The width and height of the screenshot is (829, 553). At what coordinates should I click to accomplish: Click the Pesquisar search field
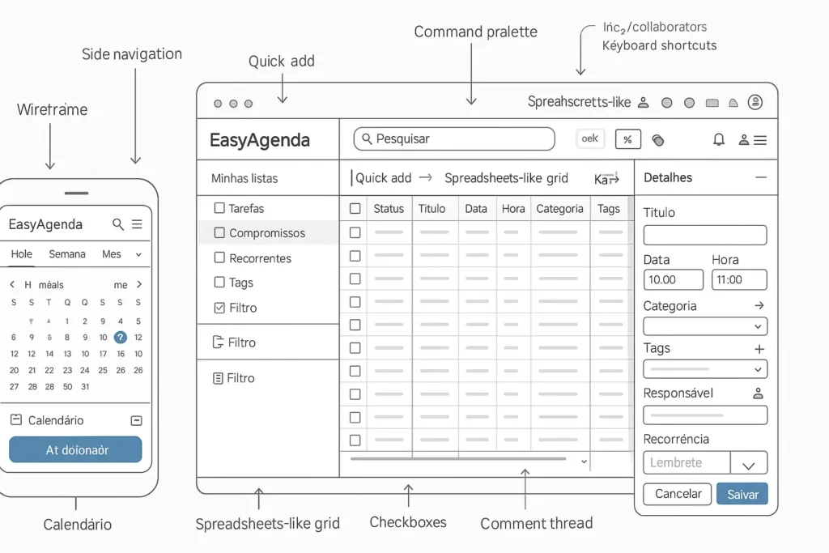(x=453, y=139)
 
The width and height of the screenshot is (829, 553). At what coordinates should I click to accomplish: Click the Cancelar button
(x=678, y=494)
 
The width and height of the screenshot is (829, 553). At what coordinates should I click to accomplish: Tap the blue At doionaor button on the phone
(x=75, y=449)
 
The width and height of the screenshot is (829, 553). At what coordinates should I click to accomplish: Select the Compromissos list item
(x=267, y=233)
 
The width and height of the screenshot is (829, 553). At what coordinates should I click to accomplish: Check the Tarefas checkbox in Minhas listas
(x=219, y=208)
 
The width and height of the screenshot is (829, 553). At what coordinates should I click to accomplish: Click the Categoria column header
(x=559, y=209)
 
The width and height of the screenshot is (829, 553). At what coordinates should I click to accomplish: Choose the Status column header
(x=389, y=209)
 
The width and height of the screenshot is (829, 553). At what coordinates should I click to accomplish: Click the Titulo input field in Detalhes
(x=704, y=236)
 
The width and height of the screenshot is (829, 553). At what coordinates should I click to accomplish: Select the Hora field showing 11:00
(x=739, y=279)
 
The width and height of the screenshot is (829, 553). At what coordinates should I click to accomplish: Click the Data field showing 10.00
(x=673, y=279)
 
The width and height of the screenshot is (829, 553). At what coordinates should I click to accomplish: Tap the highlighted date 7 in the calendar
(x=121, y=338)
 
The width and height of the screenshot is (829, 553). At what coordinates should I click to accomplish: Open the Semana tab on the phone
(x=67, y=254)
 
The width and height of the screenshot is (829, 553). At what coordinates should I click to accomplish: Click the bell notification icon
(x=718, y=140)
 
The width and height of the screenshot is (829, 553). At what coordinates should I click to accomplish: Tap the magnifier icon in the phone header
(x=118, y=224)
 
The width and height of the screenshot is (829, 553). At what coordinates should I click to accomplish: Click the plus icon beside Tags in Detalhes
(x=759, y=349)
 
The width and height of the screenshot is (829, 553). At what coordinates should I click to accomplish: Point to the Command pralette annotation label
(x=475, y=32)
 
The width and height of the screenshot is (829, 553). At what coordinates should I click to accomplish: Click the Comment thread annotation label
(x=536, y=524)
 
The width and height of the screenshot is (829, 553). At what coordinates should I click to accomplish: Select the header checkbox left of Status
(x=355, y=209)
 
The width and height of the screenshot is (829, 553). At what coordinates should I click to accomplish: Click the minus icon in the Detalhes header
(x=760, y=177)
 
